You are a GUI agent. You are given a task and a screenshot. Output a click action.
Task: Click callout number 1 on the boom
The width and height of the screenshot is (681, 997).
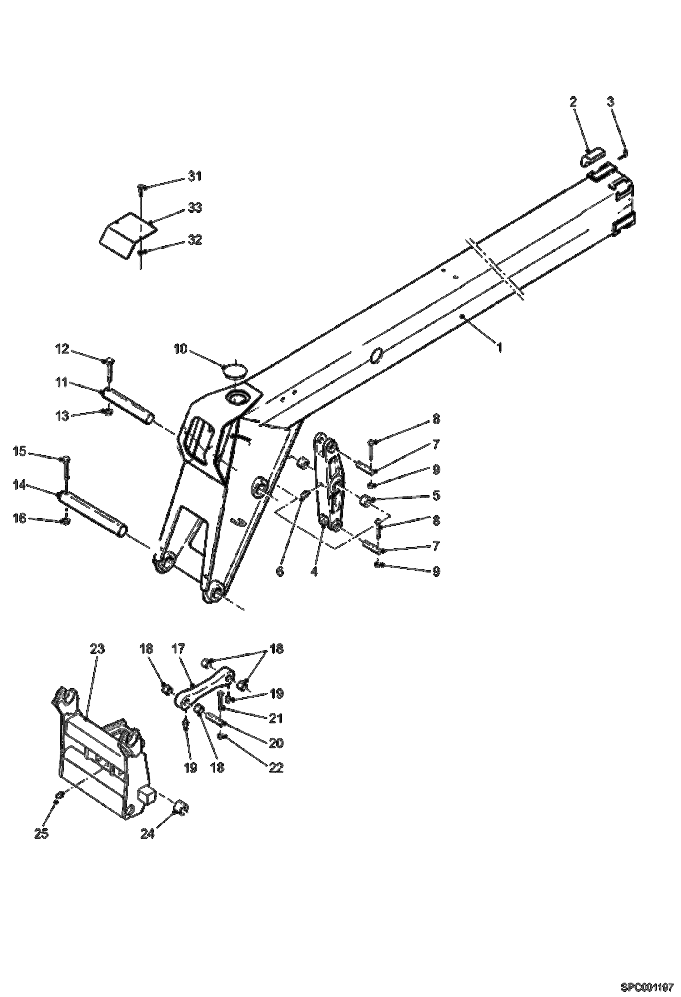[499, 348]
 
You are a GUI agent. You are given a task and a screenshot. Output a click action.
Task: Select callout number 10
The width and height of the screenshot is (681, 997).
[180, 349]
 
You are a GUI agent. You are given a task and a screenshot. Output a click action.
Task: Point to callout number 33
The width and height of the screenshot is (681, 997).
[195, 208]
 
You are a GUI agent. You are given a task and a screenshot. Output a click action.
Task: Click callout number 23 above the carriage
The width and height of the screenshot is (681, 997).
[97, 649]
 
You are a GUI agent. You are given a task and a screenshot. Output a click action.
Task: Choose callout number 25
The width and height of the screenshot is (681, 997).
[41, 834]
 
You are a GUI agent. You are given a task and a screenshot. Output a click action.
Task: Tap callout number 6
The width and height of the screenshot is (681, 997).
[280, 571]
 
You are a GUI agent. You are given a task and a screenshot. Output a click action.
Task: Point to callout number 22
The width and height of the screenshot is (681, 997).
[276, 768]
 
